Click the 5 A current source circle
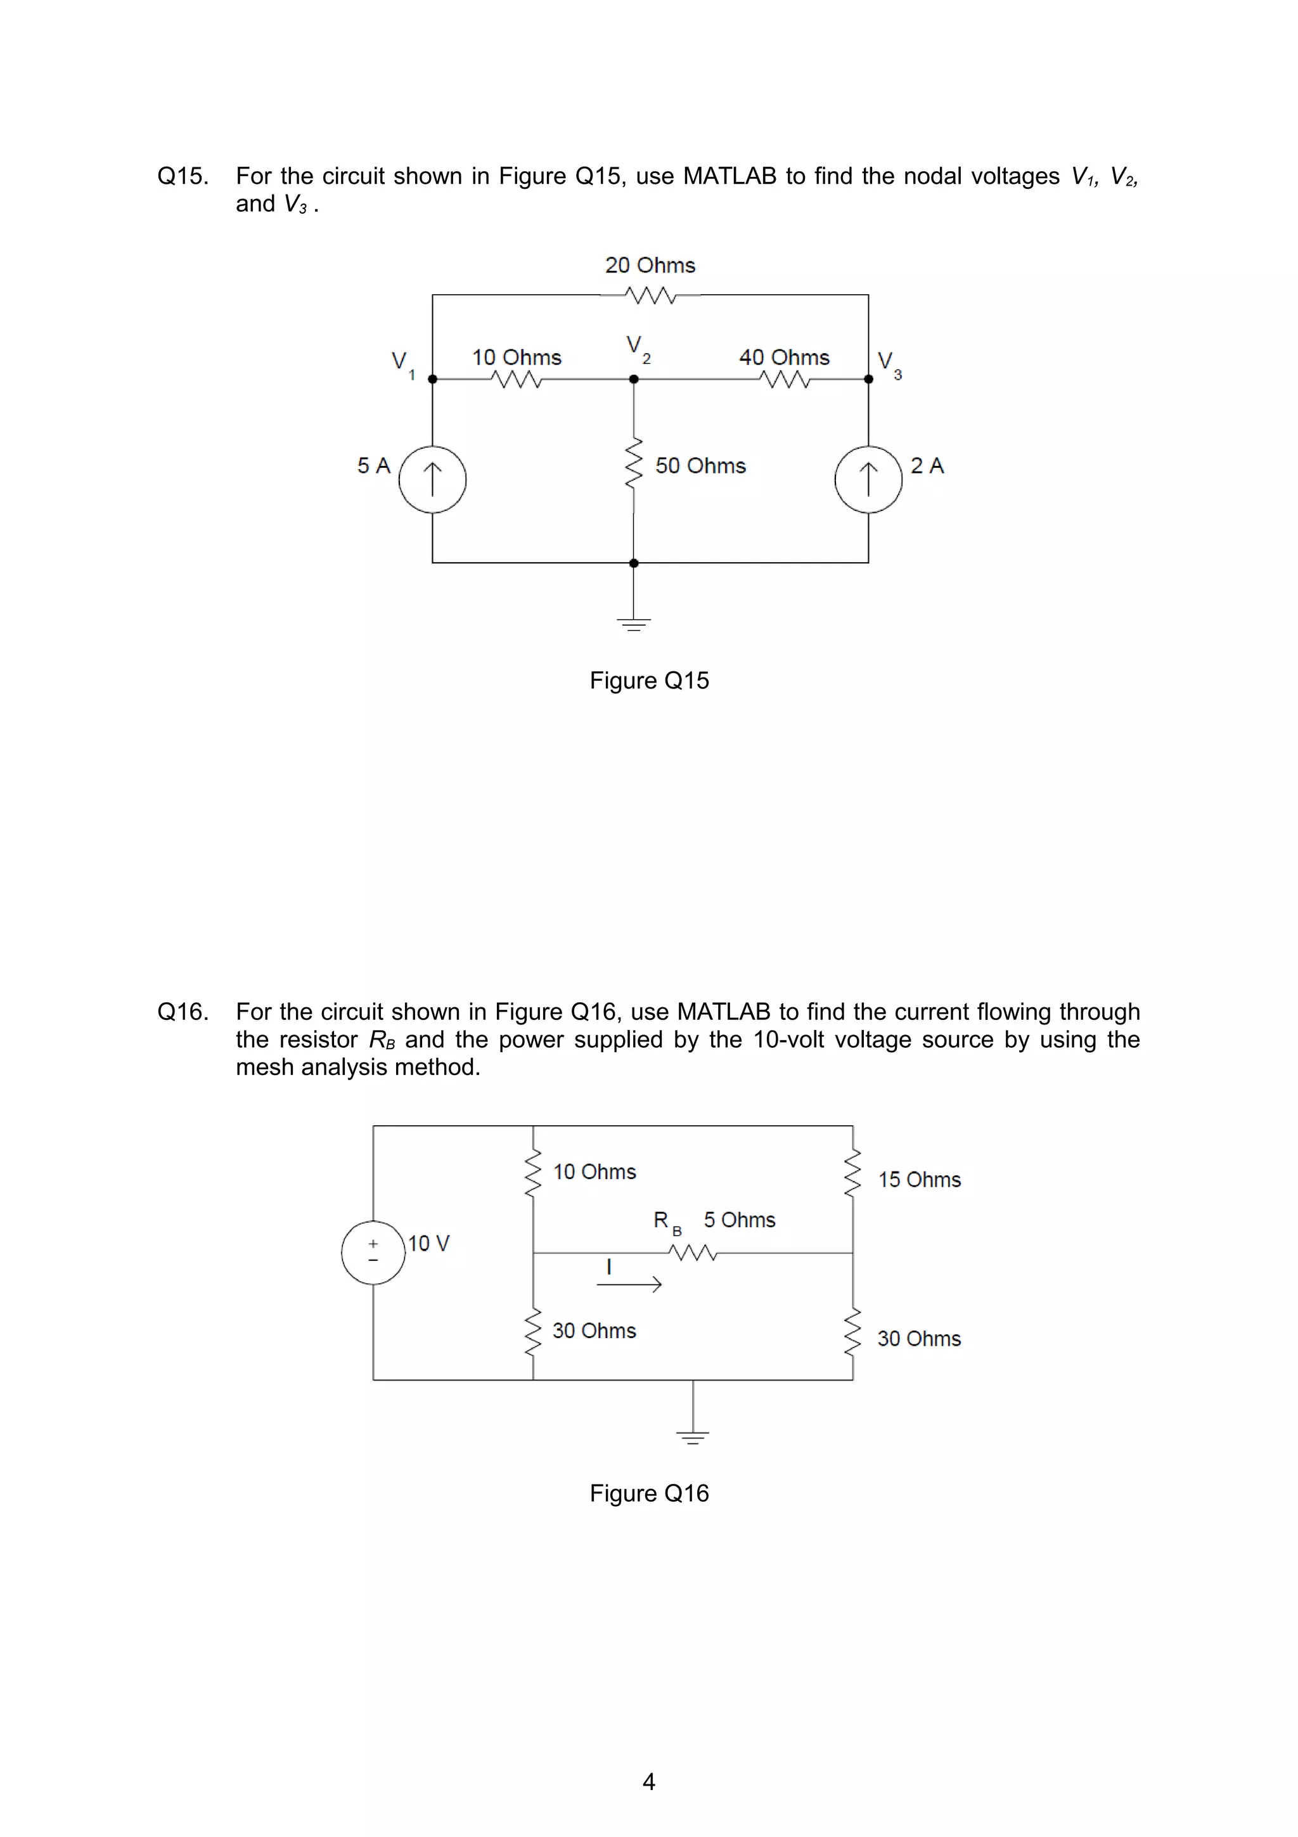click(432, 479)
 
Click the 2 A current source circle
click(868, 479)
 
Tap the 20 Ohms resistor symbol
click(650, 296)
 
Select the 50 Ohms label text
click(700, 466)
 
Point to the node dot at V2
click(633, 379)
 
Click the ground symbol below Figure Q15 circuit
click(633, 622)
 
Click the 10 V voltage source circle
click(373, 1252)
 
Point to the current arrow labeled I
click(629, 1284)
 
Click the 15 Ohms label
click(919, 1179)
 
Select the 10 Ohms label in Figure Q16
click(594, 1171)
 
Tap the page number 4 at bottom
click(648, 1781)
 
